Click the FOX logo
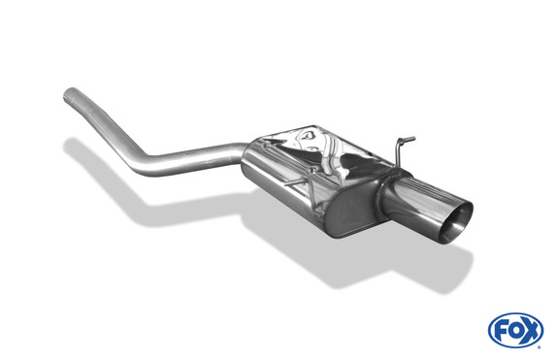coord(515,330)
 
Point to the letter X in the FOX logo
coord(532,330)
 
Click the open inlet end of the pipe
coord(70,95)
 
